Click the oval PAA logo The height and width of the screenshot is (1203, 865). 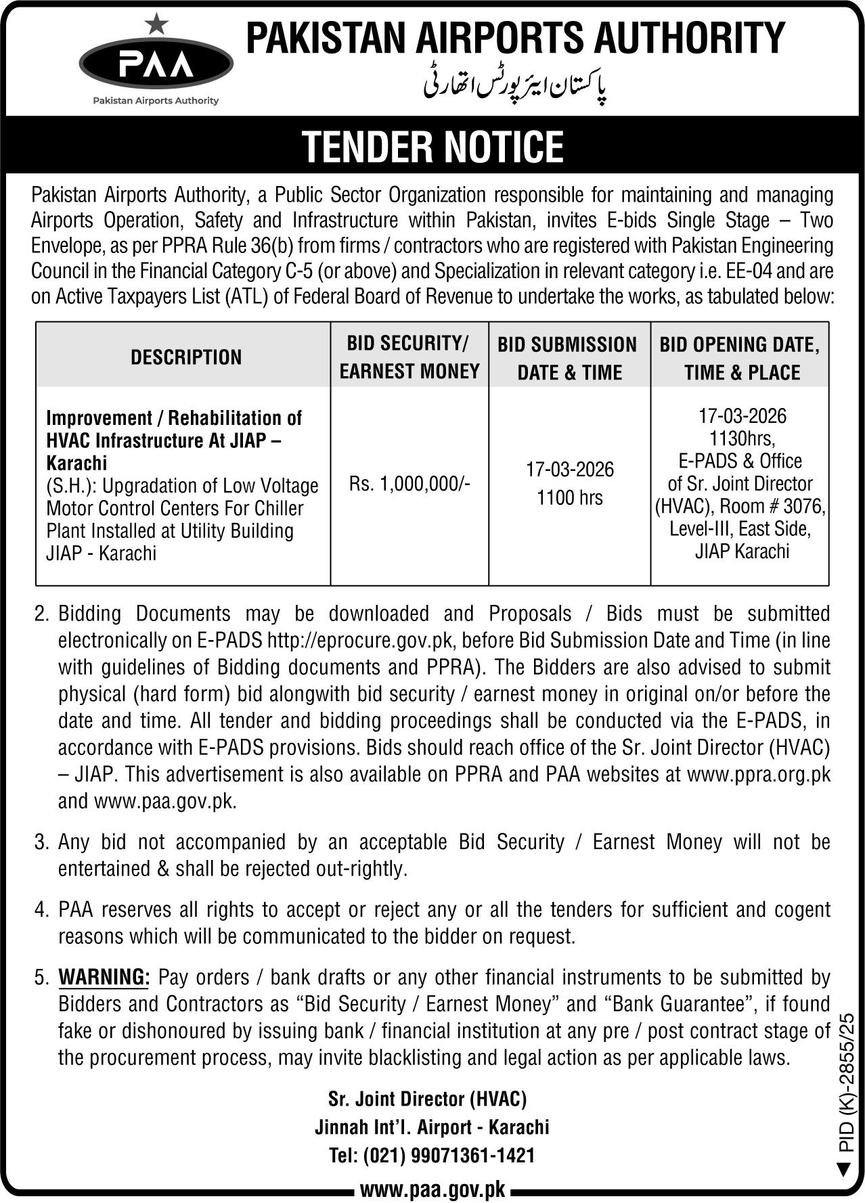pyautogui.click(x=156, y=65)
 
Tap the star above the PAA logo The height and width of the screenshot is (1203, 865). pyautogui.click(x=156, y=25)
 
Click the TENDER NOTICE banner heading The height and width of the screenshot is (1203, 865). pyautogui.click(x=432, y=146)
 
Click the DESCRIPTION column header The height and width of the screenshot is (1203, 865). pyautogui.click(x=186, y=357)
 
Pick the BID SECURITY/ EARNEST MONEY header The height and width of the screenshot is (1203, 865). pyautogui.click(x=409, y=357)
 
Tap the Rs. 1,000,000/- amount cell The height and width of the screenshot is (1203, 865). pyautogui.click(x=409, y=483)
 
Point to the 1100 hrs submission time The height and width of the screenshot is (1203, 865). pyautogui.click(x=569, y=497)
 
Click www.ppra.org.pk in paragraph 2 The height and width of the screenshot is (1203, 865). pyautogui.click(x=758, y=774)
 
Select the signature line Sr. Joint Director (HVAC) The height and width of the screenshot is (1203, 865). pyautogui.click(x=427, y=1099)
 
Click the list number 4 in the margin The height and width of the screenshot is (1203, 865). pyautogui.click(x=42, y=909)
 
